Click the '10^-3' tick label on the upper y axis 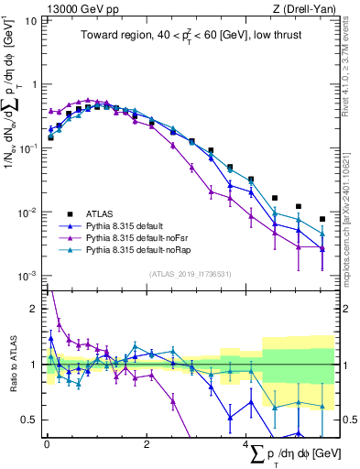tap(26, 275)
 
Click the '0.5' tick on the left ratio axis tap(27, 420)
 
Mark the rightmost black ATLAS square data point tap(322, 219)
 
